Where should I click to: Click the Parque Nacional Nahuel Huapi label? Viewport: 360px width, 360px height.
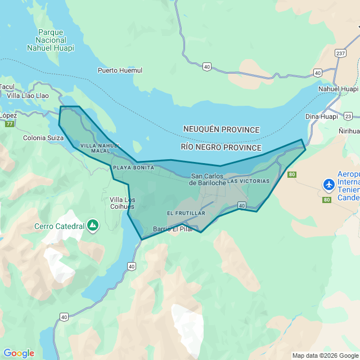coord(51,40)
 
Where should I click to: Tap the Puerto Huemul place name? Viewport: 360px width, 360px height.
coord(120,70)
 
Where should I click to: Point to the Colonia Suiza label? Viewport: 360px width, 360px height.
coord(42,138)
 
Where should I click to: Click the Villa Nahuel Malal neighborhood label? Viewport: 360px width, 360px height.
coord(100,148)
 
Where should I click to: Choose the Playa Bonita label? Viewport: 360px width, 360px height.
coord(133,168)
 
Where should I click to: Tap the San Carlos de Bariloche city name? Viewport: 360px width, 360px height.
coord(208,179)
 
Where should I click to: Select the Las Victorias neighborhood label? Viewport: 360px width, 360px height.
coord(248,181)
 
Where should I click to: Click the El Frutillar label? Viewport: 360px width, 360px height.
coord(186,213)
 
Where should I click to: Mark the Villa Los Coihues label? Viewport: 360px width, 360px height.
coord(122,203)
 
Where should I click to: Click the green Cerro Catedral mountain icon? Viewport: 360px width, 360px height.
coord(93,226)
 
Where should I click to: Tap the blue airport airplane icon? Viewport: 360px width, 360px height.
coord(328,184)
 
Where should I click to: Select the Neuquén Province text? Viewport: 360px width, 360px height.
coord(221,129)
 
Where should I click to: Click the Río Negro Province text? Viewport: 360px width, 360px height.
coord(221,147)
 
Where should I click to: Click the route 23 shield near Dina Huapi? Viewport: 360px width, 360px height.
coord(349,116)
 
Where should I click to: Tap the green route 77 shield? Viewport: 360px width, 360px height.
coord(9,124)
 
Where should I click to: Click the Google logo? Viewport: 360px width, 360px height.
coord(19,353)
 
